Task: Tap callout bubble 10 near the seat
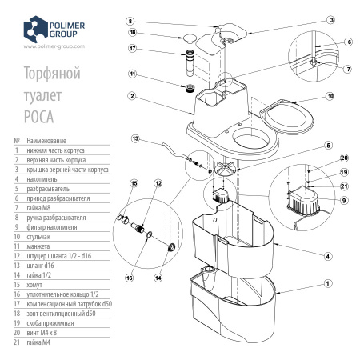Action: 329,95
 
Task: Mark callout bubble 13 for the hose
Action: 137,138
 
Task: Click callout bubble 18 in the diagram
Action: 134,33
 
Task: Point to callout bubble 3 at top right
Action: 330,18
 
